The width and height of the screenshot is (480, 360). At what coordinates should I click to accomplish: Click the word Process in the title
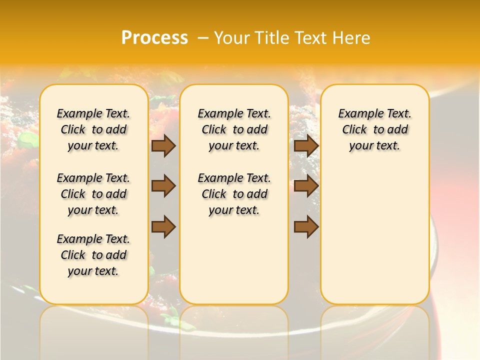(x=154, y=38)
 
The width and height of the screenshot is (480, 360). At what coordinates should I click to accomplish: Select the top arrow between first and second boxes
(x=163, y=145)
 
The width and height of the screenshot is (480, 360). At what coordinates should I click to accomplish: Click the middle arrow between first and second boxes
(x=163, y=186)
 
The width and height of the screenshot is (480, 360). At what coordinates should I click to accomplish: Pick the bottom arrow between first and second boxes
(x=163, y=227)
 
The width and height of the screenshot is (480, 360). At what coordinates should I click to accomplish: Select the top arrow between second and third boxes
(x=306, y=145)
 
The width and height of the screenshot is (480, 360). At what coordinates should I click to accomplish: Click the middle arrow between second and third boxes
(x=306, y=186)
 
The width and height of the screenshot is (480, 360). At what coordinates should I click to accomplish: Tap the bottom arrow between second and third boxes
(x=306, y=227)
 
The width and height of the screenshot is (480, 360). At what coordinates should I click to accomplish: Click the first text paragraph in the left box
(x=93, y=129)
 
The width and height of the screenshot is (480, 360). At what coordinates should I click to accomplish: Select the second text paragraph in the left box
(x=93, y=194)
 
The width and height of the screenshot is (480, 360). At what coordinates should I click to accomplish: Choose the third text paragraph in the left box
(x=93, y=255)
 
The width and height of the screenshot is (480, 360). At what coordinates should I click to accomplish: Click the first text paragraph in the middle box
(x=234, y=129)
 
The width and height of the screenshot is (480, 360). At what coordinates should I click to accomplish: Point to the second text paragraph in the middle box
(x=234, y=194)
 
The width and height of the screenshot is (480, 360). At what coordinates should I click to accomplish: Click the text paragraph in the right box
(x=374, y=129)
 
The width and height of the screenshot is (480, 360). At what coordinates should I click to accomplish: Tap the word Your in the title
(x=229, y=38)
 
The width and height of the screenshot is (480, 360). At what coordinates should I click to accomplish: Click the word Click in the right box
(x=354, y=130)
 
